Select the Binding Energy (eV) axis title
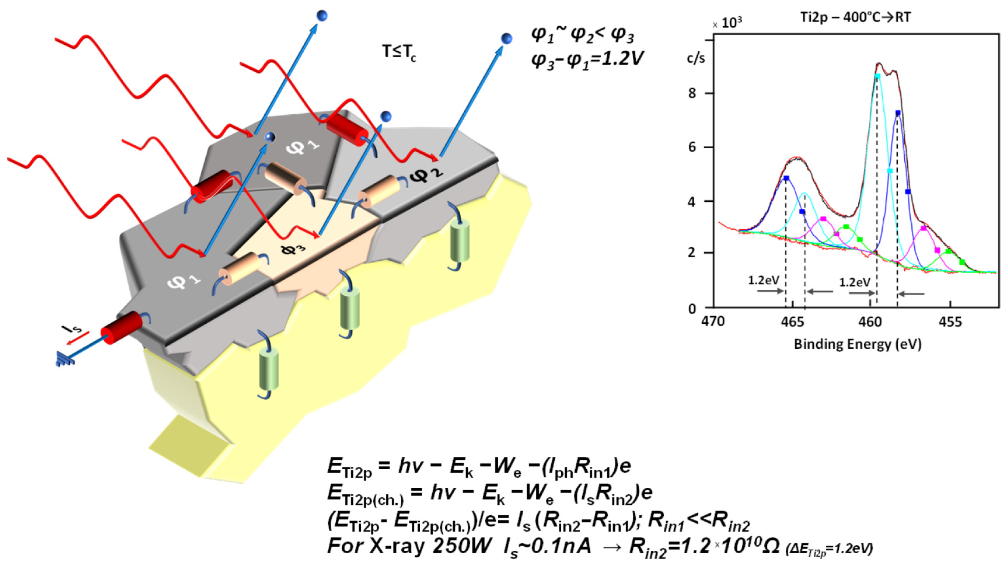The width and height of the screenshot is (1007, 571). pos(857,344)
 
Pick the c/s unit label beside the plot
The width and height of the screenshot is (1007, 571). pos(696,59)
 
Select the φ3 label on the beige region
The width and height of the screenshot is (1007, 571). pos(293,248)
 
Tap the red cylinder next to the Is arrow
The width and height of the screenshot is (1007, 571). pos(122,327)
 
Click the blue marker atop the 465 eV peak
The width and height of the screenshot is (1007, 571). pos(786,178)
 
